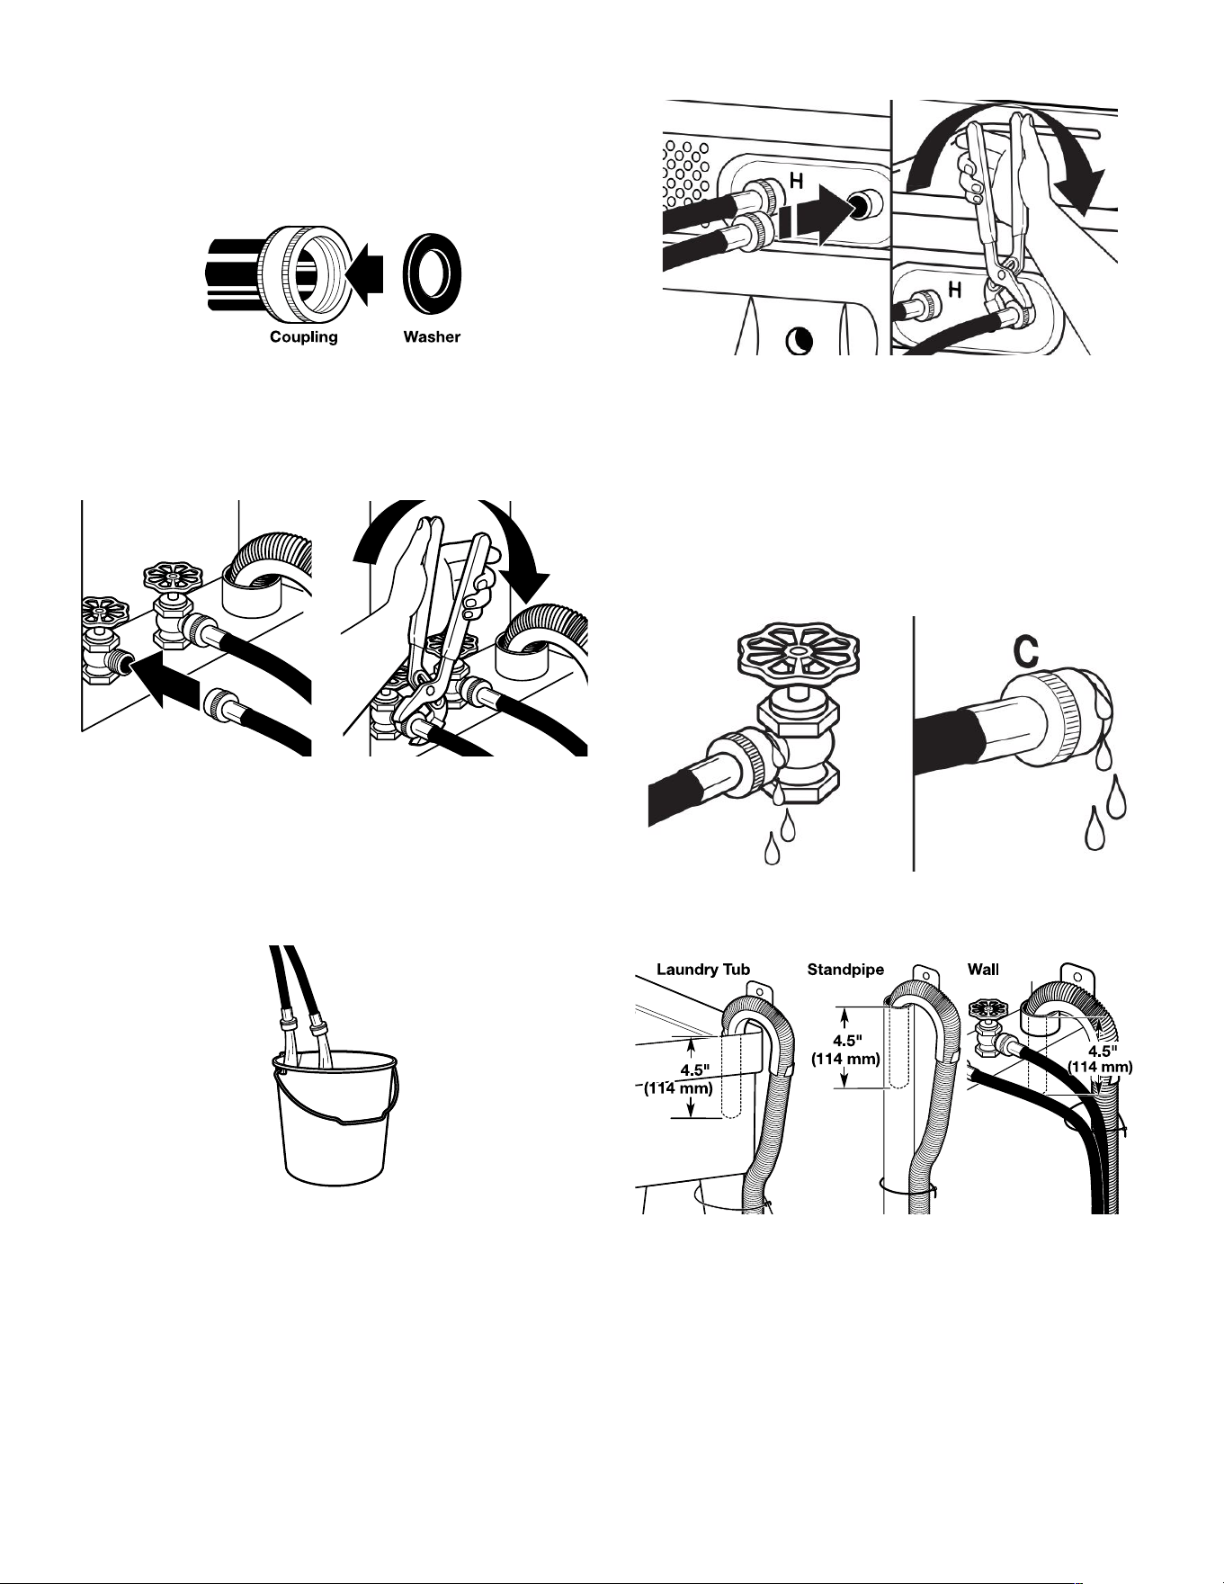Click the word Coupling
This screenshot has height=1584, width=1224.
304,338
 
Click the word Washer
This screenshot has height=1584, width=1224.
432,337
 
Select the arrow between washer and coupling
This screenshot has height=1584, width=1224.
364,274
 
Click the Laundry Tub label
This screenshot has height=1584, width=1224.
703,970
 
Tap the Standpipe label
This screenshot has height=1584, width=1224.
845,970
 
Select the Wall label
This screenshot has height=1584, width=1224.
983,970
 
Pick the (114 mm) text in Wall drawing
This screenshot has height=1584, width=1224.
1099,1068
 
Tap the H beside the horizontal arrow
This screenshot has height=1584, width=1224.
796,182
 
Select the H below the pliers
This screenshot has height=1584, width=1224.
955,290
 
